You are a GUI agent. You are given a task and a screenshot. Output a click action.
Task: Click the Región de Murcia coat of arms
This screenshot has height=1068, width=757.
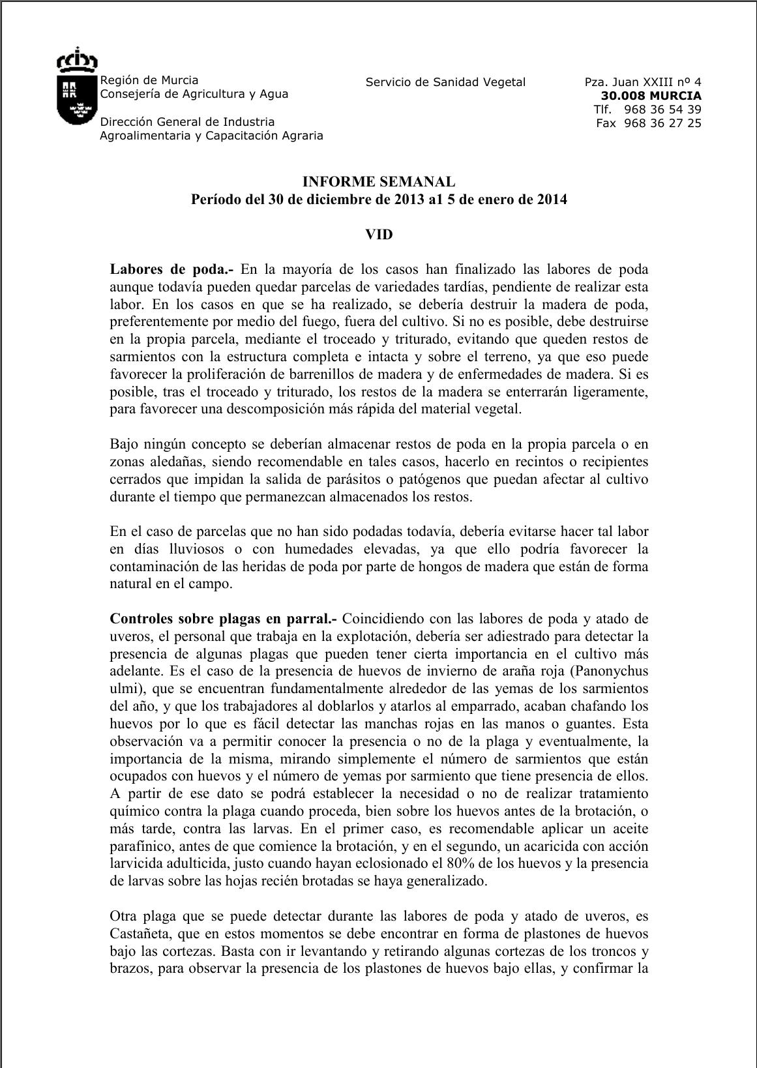click(x=77, y=87)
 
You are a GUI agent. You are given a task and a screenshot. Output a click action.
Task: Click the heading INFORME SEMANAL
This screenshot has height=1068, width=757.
click(x=378, y=182)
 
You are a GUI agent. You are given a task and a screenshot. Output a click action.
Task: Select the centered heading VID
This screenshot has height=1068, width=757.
click(x=379, y=234)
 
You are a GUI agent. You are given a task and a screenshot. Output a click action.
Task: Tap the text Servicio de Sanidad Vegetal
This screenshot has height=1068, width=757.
click(x=445, y=82)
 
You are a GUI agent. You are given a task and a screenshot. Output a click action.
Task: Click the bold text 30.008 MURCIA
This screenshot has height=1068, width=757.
click(x=651, y=96)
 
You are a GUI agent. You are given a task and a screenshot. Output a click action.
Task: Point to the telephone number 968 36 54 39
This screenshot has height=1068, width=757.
click(x=662, y=110)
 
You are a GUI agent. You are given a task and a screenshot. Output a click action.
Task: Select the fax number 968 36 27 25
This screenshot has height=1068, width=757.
click(x=662, y=123)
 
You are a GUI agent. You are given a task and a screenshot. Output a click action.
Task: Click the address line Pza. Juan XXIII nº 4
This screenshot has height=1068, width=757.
click(x=643, y=82)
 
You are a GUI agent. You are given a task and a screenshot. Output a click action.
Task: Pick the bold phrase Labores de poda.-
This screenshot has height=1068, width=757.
click(x=171, y=269)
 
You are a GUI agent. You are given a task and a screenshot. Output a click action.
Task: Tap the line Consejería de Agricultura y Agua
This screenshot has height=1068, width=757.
click(x=194, y=94)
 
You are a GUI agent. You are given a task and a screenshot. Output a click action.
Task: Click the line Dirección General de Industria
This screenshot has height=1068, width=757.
click(x=187, y=122)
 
